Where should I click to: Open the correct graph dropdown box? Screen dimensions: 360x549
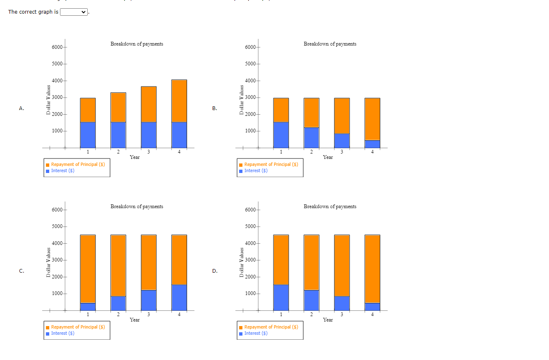pyautogui.click(x=74, y=12)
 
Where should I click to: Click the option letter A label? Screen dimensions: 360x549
pyautogui.click(x=22, y=108)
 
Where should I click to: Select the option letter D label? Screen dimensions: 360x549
pyautogui.click(x=215, y=271)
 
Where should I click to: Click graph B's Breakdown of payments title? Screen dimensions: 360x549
pyautogui.click(x=330, y=44)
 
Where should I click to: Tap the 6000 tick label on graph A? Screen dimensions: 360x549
pyautogui.click(x=57, y=47)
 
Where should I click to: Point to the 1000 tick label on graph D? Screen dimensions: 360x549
pyautogui.click(x=250, y=294)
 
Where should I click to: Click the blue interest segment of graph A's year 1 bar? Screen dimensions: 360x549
pyautogui.click(x=88, y=134)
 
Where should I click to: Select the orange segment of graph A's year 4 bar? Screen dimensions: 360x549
pyautogui.click(x=179, y=101)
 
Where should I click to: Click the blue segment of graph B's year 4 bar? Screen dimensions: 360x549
pyautogui.click(x=372, y=144)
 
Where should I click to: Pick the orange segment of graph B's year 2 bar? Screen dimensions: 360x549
pyautogui.click(x=312, y=113)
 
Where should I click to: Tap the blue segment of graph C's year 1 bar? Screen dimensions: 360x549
pyautogui.click(x=88, y=307)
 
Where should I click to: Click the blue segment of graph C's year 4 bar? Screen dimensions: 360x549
pyautogui.click(x=179, y=298)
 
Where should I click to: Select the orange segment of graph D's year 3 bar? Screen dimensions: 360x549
pyautogui.click(x=342, y=266)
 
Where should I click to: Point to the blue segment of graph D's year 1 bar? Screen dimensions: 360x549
pyautogui.click(x=281, y=298)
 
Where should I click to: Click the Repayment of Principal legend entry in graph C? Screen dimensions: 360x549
pyautogui.click(x=78, y=327)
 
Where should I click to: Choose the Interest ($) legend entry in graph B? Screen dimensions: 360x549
pyautogui.click(x=256, y=170)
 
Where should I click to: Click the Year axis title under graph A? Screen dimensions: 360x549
pyautogui.click(x=134, y=157)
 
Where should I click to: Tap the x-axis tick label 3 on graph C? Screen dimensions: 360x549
pyautogui.click(x=149, y=315)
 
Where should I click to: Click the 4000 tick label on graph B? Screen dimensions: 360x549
pyautogui.click(x=250, y=81)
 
